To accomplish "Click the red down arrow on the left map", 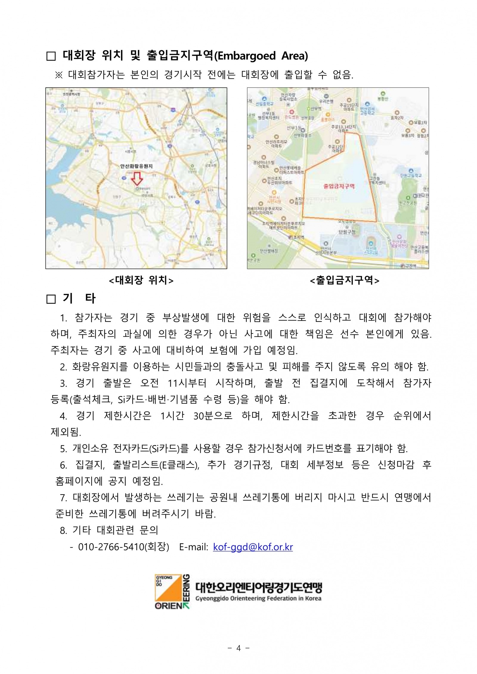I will [x=137, y=178].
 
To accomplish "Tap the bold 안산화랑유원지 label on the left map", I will [x=136, y=166].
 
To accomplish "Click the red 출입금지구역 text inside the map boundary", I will [x=339, y=186].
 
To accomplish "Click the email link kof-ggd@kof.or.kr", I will [x=253, y=547].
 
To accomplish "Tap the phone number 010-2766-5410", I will [x=111, y=547].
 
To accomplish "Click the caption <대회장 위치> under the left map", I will [x=141, y=280].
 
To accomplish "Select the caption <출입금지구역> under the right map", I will [x=345, y=280].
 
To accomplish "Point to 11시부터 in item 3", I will [x=187, y=383].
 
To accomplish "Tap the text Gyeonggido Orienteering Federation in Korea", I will [x=258, y=598].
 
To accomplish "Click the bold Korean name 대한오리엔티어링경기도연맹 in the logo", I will [x=258, y=588].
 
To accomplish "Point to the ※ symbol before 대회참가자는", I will [x=59, y=75].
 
